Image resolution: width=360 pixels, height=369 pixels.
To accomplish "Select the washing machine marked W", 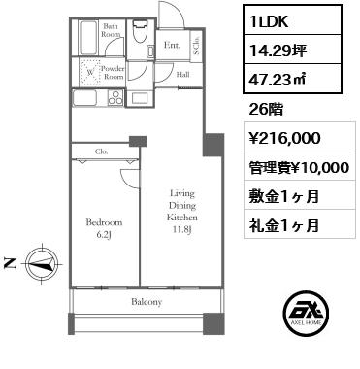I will tap(89, 71).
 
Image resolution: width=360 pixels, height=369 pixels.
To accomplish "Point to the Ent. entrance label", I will tap(171, 46).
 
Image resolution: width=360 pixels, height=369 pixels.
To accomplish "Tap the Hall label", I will tap(182, 74).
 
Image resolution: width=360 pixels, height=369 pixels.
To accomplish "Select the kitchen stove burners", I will tap(117, 96).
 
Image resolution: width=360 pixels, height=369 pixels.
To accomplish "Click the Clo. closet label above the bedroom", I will tap(101, 151).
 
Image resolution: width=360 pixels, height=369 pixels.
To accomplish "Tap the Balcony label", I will tap(147, 302).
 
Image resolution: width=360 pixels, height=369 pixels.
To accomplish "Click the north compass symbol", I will tap(39, 261).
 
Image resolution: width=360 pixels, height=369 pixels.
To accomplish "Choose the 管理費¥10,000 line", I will tap(293, 168).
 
